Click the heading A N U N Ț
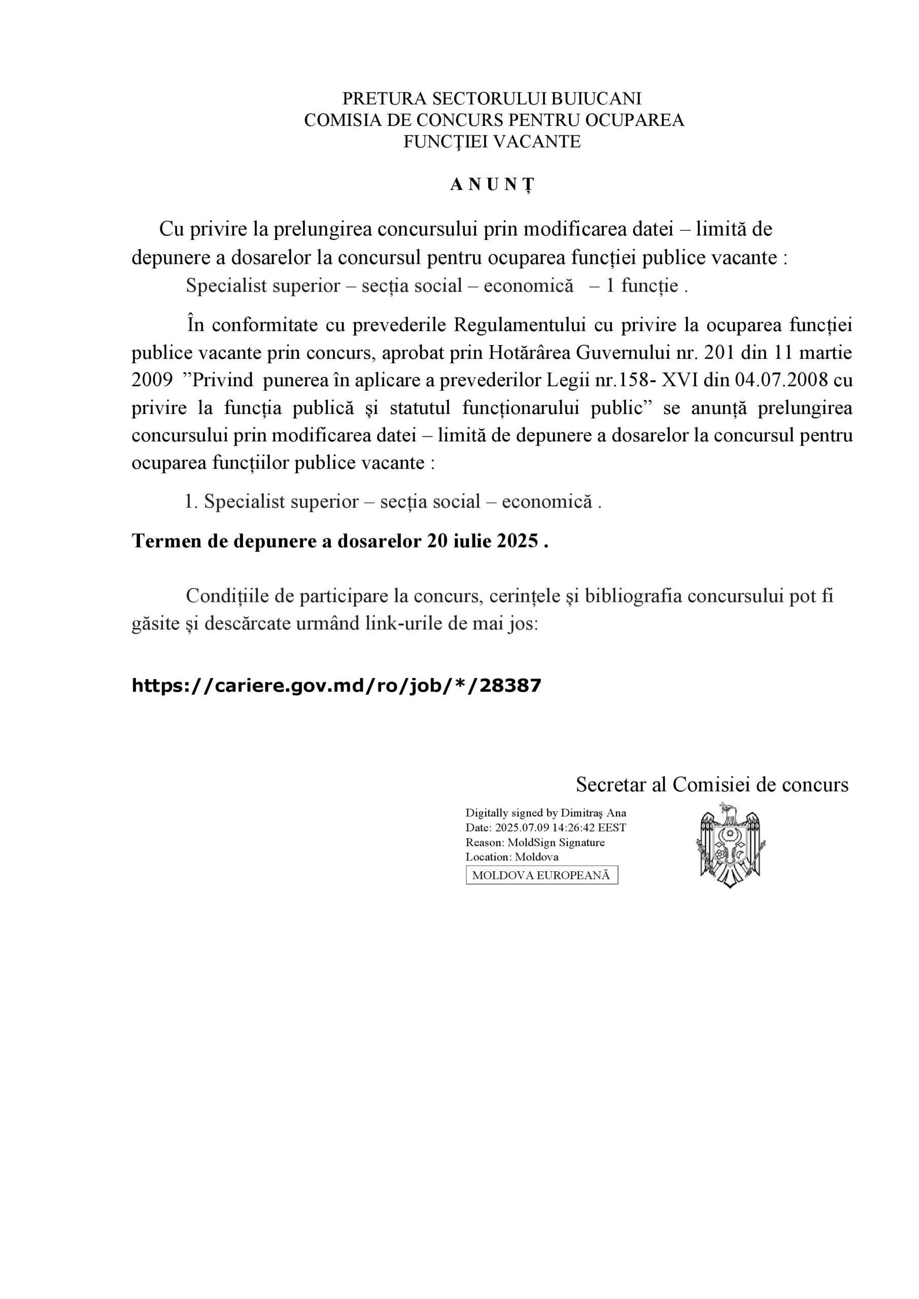point(492,185)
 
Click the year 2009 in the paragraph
point(152,380)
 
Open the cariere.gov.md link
point(336,686)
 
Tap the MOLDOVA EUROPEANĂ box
point(541,875)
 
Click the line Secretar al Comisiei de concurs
point(712,784)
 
